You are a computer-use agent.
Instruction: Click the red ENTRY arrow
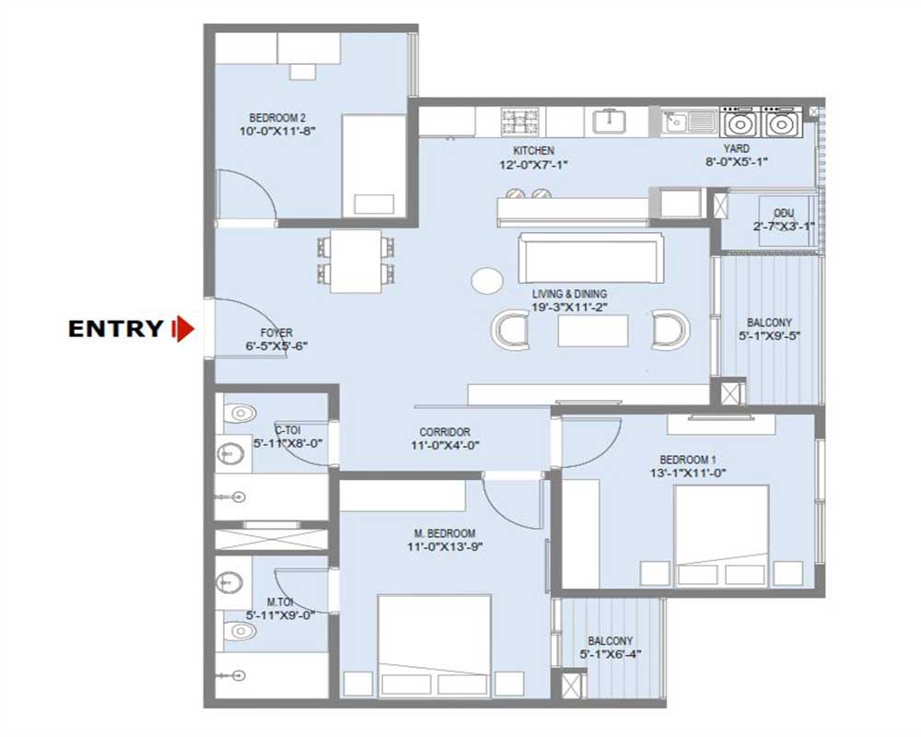(x=184, y=329)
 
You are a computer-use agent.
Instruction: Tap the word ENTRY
(x=116, y=329)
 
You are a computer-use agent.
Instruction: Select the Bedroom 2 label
(x=277, y=118)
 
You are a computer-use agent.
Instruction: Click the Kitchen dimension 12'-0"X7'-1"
(x=533, y=165)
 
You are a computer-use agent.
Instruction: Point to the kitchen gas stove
(x=516, y=122)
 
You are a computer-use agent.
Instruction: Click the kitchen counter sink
(x=609, y=121)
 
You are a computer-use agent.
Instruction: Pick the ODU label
(x=784, y=213)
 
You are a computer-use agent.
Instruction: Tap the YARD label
(x=736, y=148)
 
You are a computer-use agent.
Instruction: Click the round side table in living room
(x=487, y=280)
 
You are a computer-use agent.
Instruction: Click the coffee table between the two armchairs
(x=592, y=331)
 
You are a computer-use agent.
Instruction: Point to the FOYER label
(x=276, y=333)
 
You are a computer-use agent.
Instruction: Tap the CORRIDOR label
(x=445, y=432)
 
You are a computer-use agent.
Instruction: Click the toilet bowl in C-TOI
(x=239, y=413)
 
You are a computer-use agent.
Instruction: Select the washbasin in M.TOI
(x=228, y=582)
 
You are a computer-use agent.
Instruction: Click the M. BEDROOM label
(x=445, y=533)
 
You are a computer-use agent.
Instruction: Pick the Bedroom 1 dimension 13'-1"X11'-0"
(x=687, y=474)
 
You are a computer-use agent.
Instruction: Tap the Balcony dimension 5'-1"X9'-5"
(x=769, y=336)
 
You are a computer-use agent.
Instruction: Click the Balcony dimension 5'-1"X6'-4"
(x=611, y=654)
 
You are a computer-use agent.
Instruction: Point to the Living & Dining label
(x=569, y=294)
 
